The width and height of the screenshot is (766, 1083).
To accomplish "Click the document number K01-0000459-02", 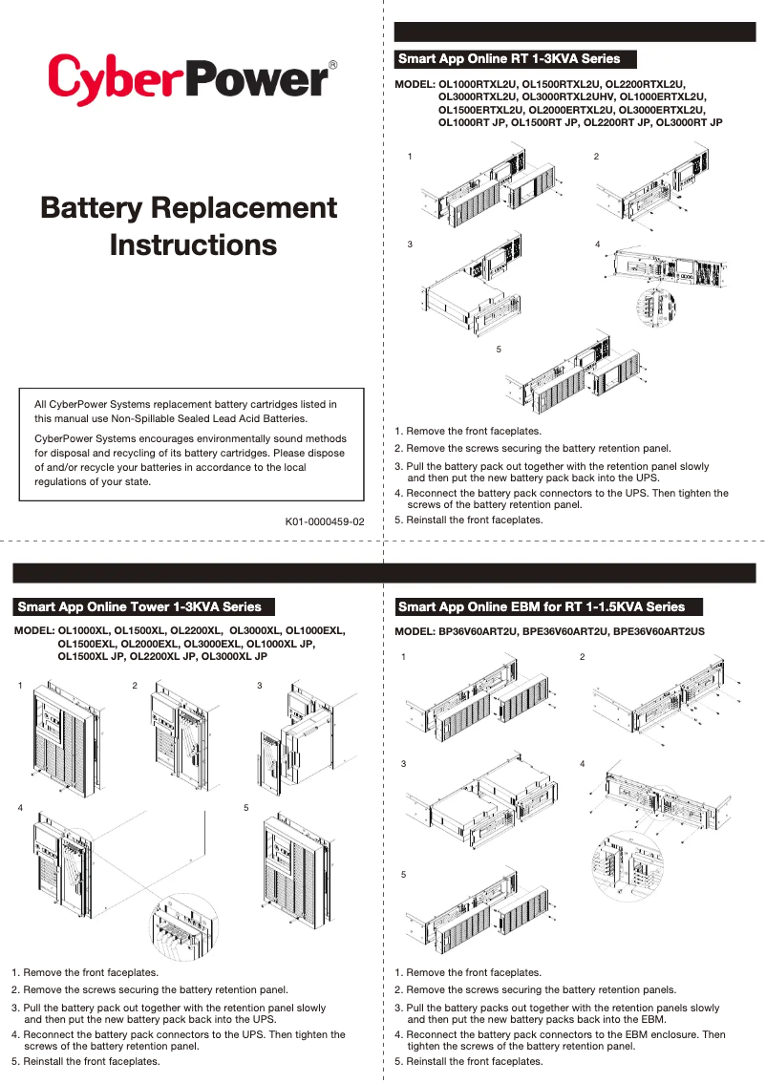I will (x=325, y=522).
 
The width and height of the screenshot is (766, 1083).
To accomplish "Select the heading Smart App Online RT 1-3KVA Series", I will (x=509, y=59).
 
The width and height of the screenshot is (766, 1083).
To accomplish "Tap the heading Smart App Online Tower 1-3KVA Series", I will (x=139, y=606).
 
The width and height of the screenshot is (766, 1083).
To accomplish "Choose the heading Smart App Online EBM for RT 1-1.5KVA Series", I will (x=542, y=606).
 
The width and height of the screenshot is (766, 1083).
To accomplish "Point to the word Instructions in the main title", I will (x=193, y=244).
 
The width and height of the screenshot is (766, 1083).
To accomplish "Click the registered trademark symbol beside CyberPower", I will (x=332, y=65).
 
